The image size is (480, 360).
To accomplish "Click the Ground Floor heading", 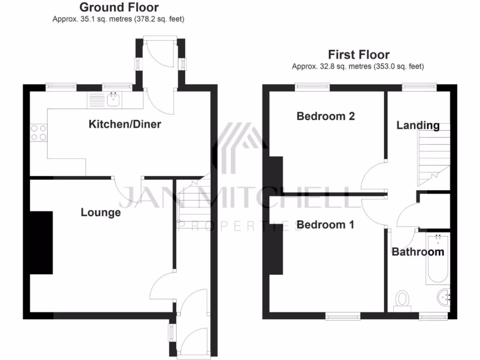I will click(119, 7).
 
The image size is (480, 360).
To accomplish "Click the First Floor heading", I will click(359, 54).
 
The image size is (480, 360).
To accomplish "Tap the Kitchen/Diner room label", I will click(125, 124).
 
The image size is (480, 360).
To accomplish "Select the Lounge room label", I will click(101, 212).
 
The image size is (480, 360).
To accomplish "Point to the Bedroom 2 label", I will click(326, 116).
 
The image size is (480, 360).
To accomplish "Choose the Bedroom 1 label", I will click(325, 225).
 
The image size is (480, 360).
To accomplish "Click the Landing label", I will click(418, 125).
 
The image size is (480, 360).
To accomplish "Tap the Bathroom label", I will click(418, 252).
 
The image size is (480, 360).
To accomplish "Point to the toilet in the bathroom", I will click(402, 300).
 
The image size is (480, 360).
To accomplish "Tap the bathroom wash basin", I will click(444, 296).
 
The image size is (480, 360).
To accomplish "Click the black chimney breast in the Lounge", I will click(41, 242).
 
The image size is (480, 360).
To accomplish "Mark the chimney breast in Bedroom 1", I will click(276, 248).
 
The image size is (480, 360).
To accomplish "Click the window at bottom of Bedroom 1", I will click(343, 317).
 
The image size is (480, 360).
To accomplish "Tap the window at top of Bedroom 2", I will click(312, 86).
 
